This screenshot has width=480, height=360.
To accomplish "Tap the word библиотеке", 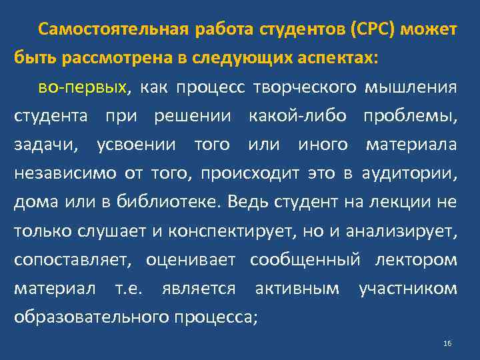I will (x=173, y=202).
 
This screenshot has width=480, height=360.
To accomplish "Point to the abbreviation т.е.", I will (x=135, y=288).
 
